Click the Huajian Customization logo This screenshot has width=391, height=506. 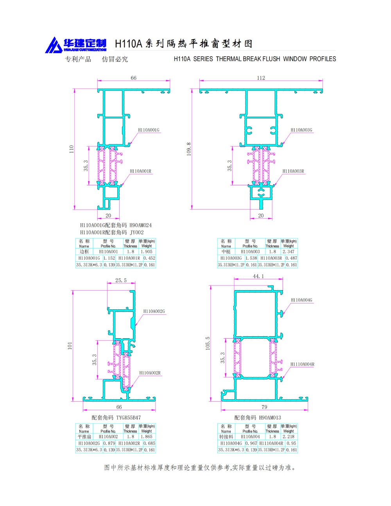tap(76, 45)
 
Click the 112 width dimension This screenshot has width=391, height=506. tap(261, 78)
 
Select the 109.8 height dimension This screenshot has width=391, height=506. tap(189, 149)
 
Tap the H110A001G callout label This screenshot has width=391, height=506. tap(149, 130)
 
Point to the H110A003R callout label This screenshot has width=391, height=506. tap(293, 171)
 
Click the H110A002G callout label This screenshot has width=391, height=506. tap(154, 311)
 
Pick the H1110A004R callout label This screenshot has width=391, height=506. tap(302, 364)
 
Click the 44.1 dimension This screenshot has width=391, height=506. tap(258, 276)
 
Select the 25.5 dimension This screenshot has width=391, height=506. tap(121, 280)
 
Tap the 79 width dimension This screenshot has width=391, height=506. tap(264, 407)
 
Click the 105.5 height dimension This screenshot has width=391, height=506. tap(208, 343)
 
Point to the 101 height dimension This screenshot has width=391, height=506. tap(70, 346)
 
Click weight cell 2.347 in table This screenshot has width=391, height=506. tap(289, 252)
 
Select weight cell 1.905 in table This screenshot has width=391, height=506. tap(147, 252)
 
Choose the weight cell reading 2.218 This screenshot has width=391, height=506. tap(289, 437)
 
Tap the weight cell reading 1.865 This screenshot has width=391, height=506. tap(147, 437)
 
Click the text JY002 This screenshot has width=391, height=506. tap(137, 232)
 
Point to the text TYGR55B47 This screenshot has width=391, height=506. tap(128, 418)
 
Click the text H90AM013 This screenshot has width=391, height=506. tap(270, 418)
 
